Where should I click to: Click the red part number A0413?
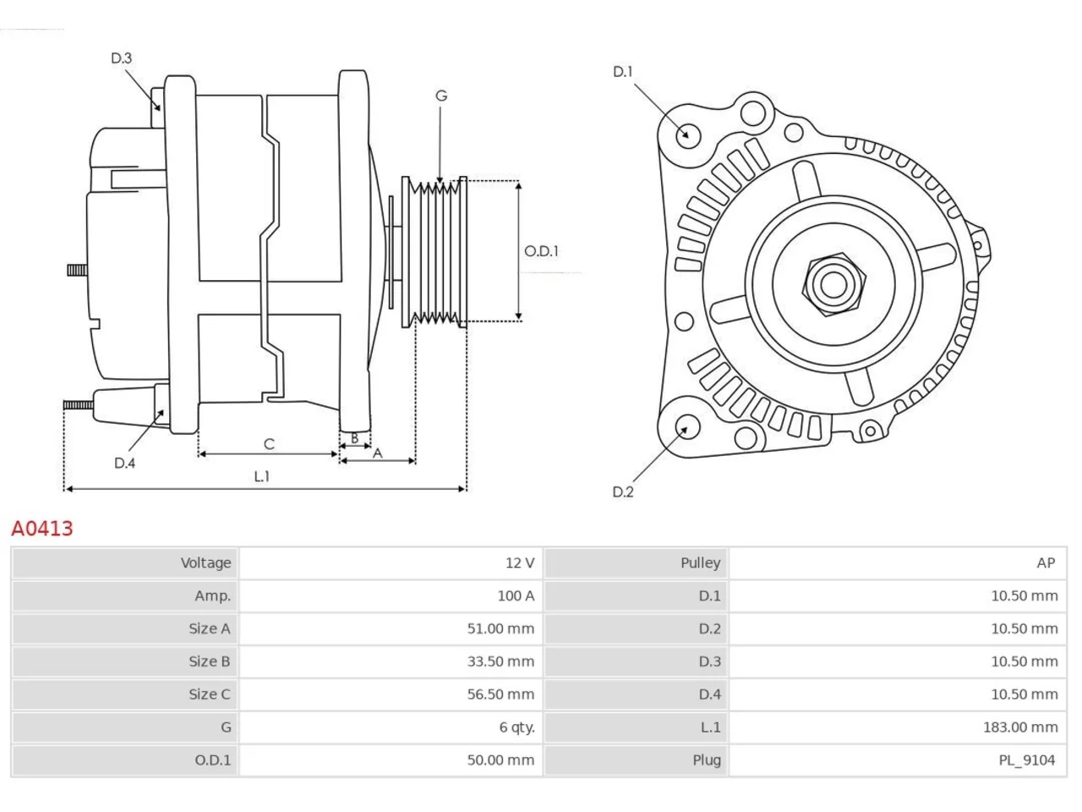(42, 529)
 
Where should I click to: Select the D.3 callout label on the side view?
(121, 58)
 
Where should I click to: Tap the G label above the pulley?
(441, 96)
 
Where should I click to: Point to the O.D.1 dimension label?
(541, 251)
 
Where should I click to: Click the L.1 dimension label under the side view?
(262, 476)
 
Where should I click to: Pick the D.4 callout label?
(125, 463)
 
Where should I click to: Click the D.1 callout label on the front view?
(622, 72)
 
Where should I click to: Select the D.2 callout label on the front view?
(623, 491)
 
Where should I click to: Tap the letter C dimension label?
(269, 444)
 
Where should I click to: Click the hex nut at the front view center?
(833, 285)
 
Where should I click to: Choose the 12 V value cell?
(520, 562)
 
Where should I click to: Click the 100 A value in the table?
(516, 595)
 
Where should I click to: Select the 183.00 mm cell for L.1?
(1020, 727)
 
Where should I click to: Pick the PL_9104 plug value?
(1027, 760)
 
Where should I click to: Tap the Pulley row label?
(701, 563)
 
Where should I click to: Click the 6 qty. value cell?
(517, 727)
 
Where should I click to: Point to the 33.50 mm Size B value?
(500, 661)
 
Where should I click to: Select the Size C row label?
(210, 694)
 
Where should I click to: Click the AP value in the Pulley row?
(1046, 562)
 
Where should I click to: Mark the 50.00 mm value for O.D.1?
(500, 760)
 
